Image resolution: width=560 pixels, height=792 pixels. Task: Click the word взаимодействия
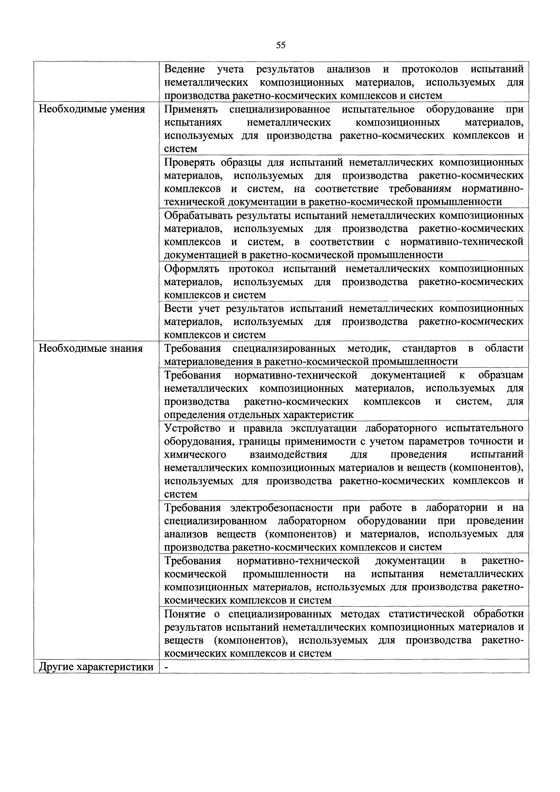(x=288, y=455)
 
